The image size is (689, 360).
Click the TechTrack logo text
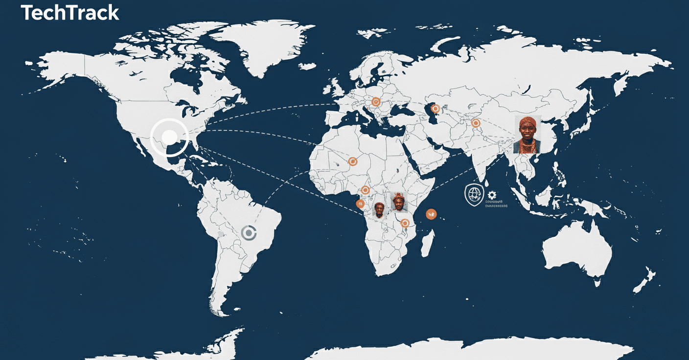[70, 13]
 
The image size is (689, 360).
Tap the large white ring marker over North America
[169, 137]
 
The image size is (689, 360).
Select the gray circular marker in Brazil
[249, 233]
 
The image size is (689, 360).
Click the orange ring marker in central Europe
[376, 102]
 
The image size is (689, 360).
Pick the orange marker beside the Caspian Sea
[435, 109]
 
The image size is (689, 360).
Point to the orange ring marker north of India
[475, 123]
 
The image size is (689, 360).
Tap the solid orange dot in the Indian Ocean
[431, 213]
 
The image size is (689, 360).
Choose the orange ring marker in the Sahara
[352, 161]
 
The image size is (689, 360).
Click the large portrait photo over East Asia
[528, 135]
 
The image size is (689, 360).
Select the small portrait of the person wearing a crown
[399, 201]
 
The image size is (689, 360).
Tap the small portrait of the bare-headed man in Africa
[379, 210]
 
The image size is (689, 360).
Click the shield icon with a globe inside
[473, 194]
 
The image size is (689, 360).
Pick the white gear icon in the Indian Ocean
[491, 195]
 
